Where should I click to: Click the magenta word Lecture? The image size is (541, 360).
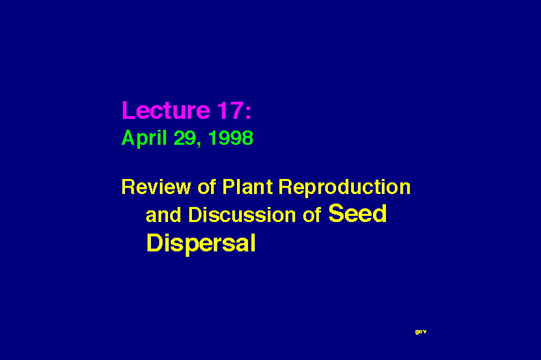(x=166, y=110)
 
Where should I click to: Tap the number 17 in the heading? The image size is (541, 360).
(x=230, y=110)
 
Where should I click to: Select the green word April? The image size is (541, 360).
(x=144, y=139)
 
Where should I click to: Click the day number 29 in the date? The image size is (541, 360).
(x=184, y=138)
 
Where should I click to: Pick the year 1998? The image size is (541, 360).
(x=231, y=138)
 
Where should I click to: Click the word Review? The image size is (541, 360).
(x=156, y=187)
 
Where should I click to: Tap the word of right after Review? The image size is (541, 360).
(x=207, y=187)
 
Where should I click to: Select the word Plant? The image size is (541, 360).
(x=247, y=187)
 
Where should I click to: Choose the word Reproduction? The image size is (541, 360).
(x=344, y=188)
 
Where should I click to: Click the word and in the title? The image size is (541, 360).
(x=163, y=214)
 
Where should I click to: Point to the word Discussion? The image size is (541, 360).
(x=242, y=214)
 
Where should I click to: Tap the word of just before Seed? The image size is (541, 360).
(x=312, y=214)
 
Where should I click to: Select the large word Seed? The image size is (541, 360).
(x=357, y=213)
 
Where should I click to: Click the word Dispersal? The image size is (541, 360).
(x=201, y=244)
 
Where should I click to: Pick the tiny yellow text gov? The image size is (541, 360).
(x=421, y=332)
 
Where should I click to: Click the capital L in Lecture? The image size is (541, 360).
(x=128, y=111)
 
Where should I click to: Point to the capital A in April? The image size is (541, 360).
(x=128, y=138)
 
